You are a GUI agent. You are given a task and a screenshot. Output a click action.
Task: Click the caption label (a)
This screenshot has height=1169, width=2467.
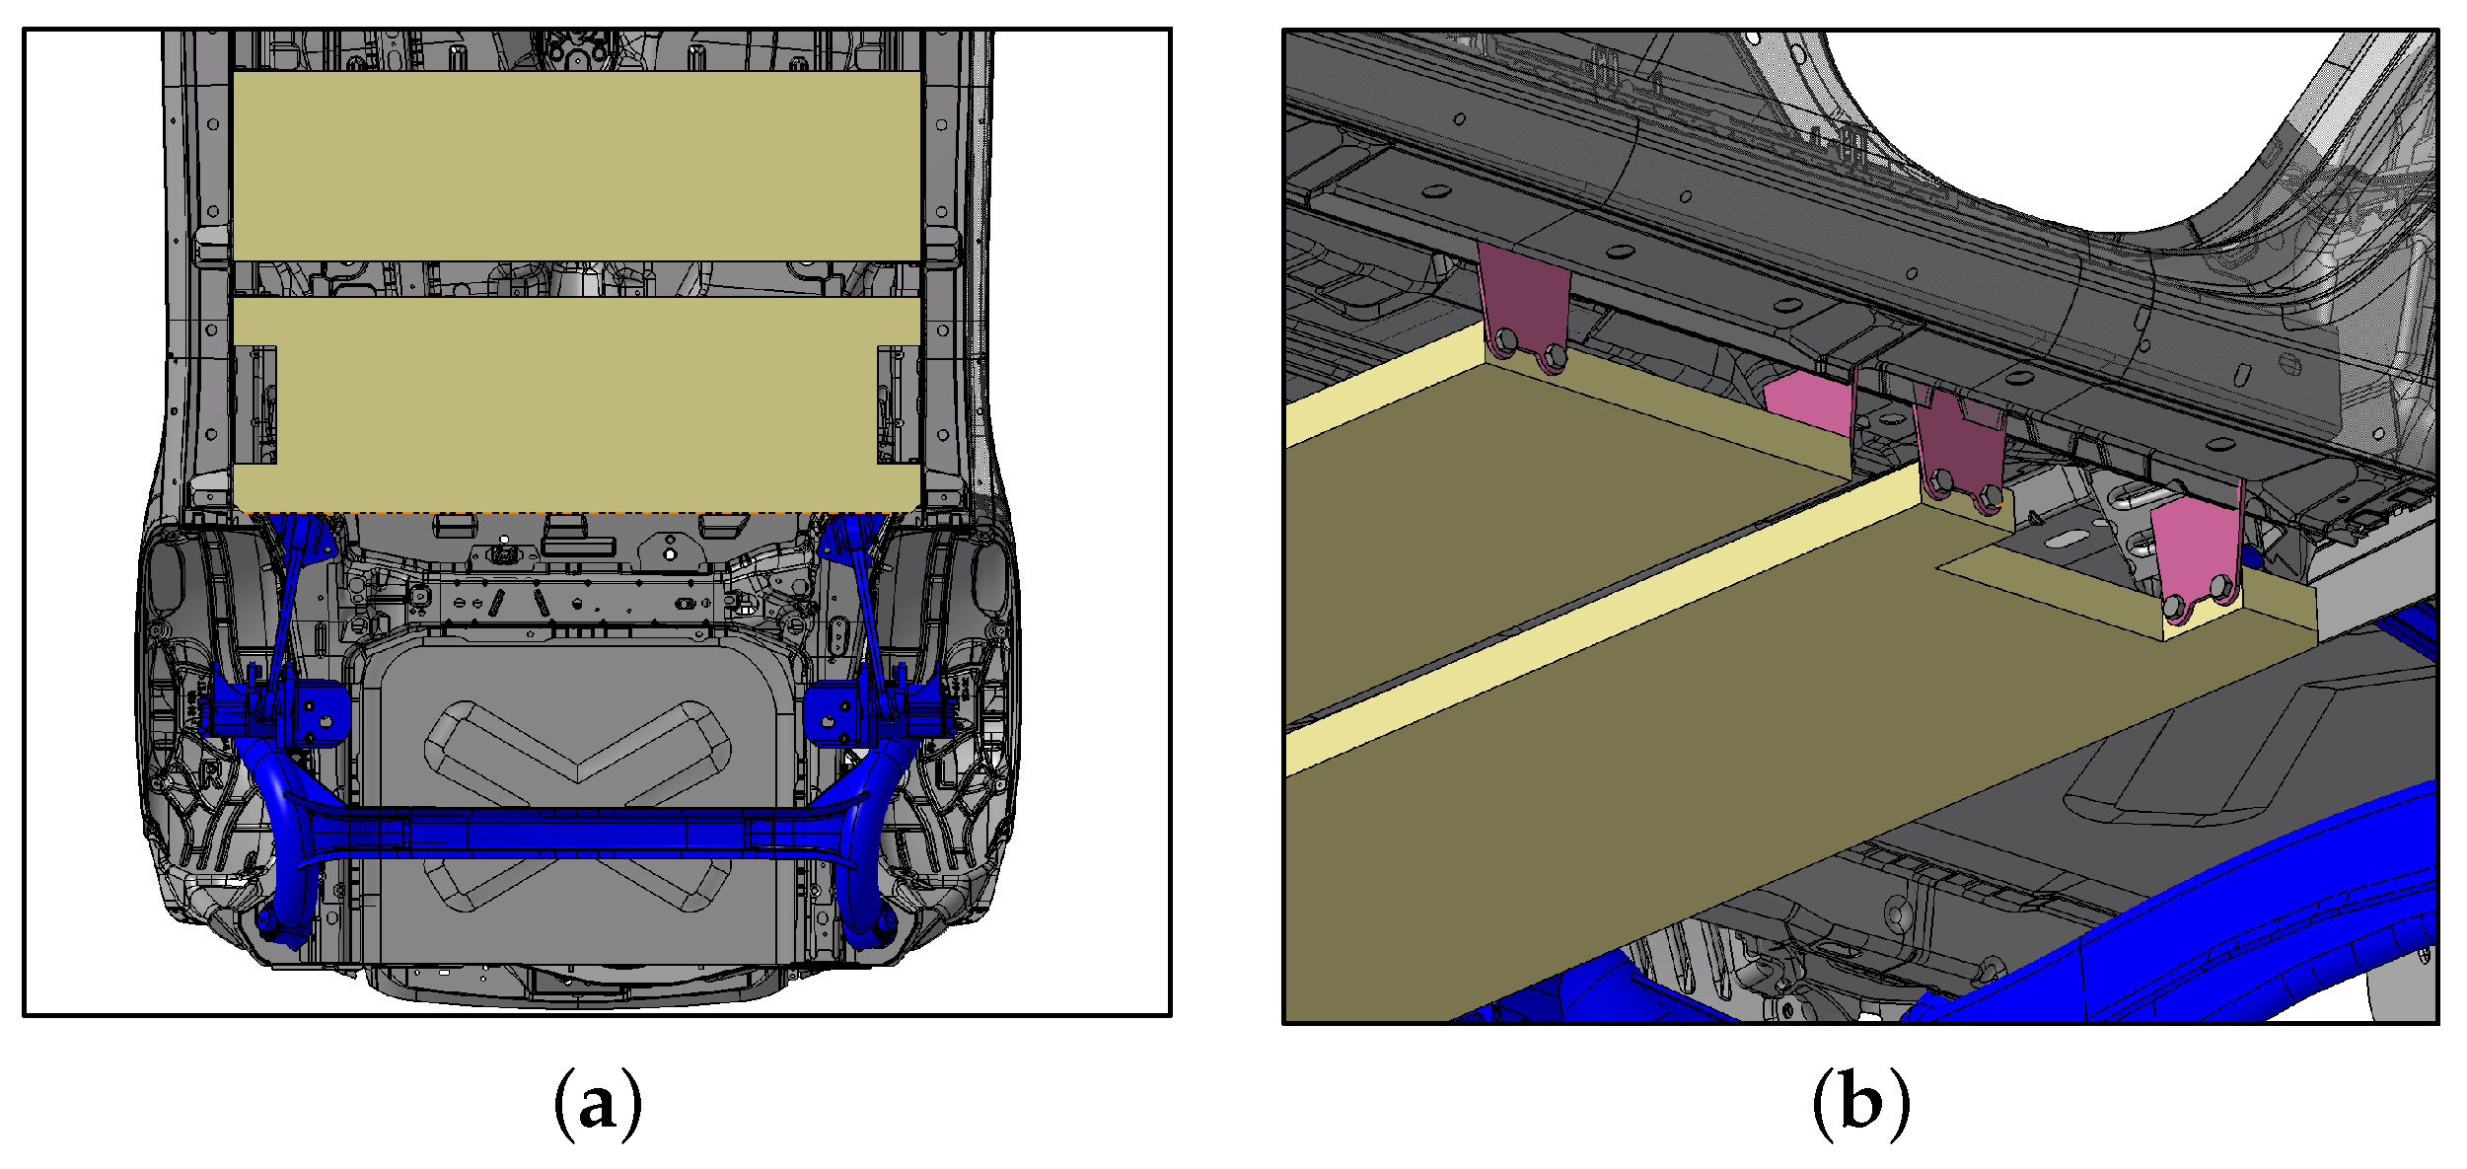point(598,1103)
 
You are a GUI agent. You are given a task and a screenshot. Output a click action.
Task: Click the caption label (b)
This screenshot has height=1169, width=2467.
point(1860,1103)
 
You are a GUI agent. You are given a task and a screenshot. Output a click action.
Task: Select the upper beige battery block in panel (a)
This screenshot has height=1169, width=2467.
point(577,166)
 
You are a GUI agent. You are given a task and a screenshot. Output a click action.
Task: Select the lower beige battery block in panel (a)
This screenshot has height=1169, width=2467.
point(577,404)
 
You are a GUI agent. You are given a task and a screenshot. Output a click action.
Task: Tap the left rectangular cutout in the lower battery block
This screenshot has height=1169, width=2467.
point(255,404)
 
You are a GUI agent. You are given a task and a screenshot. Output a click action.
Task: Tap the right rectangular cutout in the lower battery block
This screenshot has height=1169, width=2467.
point(899,404)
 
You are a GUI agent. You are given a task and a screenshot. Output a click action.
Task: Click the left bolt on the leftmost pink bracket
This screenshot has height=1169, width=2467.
point(1505,341)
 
